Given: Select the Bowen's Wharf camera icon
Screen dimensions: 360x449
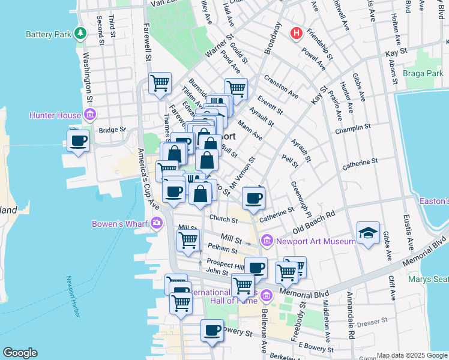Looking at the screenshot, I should coord(157,224).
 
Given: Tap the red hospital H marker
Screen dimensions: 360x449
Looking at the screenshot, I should coord(295,34).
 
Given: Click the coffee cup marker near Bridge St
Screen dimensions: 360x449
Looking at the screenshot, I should coord(79,141).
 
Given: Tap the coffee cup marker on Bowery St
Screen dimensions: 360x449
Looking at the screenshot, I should coord(211,329).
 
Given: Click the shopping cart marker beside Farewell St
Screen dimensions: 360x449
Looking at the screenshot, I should coord(160,82).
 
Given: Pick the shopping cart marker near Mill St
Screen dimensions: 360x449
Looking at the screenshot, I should coord(188,241).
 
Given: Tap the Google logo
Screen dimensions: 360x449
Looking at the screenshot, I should coord(20,353).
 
